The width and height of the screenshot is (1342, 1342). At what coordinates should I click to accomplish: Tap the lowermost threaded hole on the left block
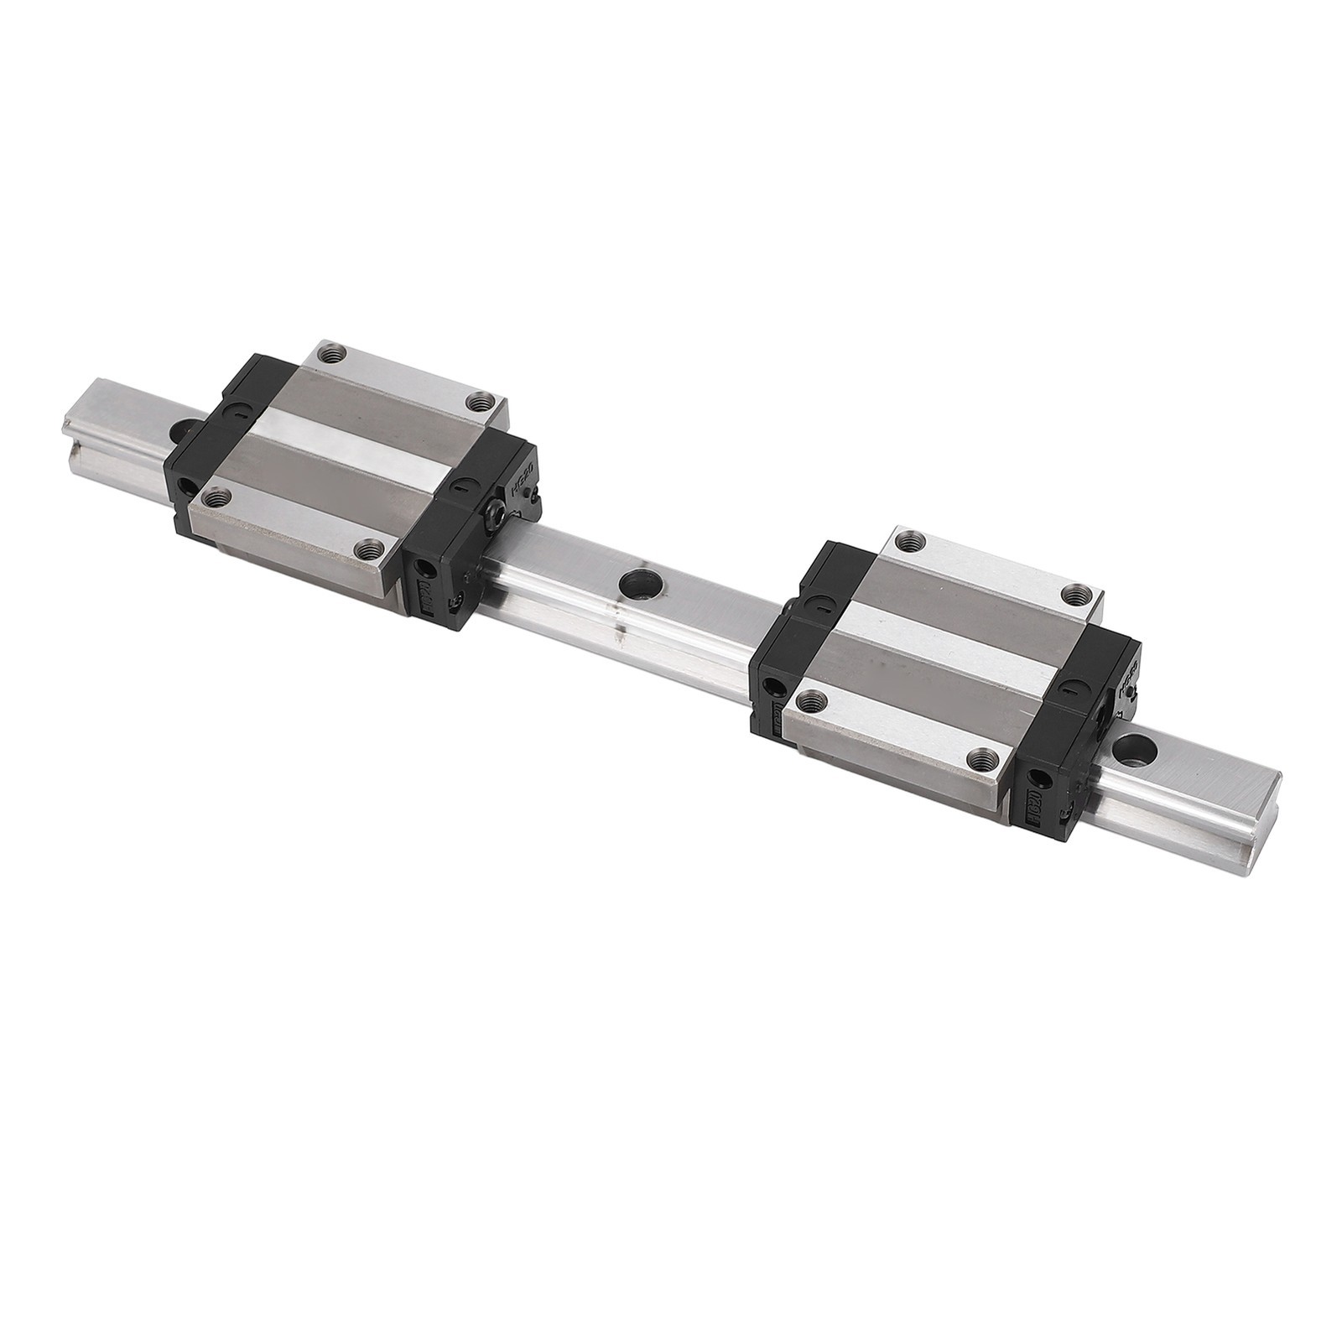(367, 550)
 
